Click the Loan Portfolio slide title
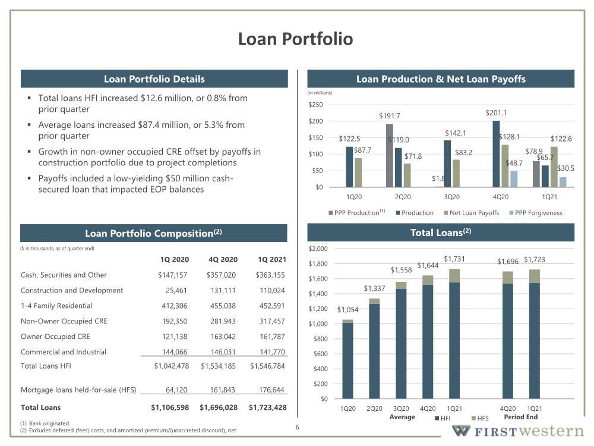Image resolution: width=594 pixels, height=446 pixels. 295,39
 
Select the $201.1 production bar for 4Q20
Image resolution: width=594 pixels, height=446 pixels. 496,154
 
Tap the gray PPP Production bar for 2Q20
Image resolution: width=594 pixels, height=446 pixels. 390,155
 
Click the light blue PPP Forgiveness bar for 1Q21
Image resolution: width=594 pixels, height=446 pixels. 563,182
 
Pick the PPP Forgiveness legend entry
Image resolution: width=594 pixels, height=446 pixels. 536,213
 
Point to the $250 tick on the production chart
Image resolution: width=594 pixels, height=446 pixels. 315,105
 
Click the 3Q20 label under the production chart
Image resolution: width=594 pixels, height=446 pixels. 451,197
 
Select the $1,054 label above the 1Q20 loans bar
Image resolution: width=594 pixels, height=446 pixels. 347,309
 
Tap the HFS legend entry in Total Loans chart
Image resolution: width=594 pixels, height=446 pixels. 480,418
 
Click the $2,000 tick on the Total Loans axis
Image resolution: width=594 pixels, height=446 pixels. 318,249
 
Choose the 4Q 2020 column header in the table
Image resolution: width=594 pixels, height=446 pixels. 223,259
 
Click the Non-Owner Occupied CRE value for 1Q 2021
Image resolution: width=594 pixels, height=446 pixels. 272,321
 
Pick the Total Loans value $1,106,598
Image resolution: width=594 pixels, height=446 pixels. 170,408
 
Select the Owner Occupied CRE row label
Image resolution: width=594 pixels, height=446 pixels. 55,337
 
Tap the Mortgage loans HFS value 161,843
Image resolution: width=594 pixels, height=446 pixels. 222,390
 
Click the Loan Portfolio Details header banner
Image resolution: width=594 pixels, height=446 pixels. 154,79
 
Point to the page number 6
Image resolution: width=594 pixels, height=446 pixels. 298,428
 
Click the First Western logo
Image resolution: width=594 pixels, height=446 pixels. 518,431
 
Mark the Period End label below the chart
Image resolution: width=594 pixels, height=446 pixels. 521,417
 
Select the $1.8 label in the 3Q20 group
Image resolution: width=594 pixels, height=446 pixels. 438,178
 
